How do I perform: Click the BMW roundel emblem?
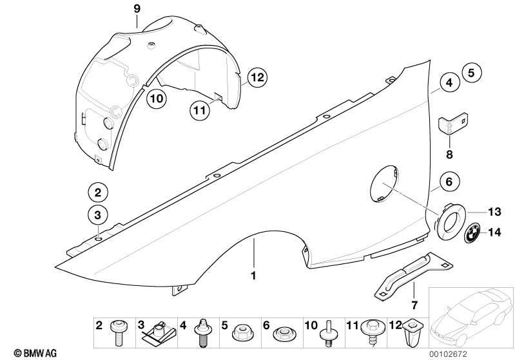[x=474, y=233]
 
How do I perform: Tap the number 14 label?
[x=494, y=232]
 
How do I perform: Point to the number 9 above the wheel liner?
[x=137, y=8]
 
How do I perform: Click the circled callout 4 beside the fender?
[x=451, y=83]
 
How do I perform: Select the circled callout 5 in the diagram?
[x=471, y=73]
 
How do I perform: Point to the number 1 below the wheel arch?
[x=253, y=276]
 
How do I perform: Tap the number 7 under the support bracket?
[x=414, y=304]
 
